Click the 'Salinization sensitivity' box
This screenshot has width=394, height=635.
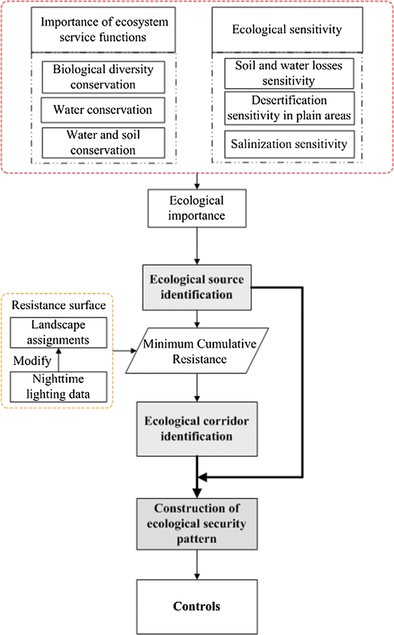(x=288, y=142)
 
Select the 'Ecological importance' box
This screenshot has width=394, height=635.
(x=197, y=210)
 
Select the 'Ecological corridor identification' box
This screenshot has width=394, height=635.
(x=197, y=429)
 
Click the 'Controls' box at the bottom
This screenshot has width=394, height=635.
(x=197, y=606)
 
